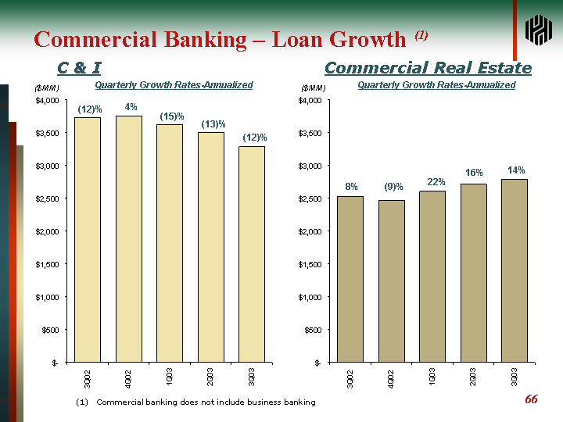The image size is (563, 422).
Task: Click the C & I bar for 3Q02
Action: (88, 239)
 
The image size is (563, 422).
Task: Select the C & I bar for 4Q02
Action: (129, 238)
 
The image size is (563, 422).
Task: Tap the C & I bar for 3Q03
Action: (252, 254)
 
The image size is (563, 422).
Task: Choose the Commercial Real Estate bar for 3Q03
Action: (515, 270)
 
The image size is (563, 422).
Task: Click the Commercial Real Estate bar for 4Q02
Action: (392, 281)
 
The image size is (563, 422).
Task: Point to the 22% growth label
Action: (436, 182)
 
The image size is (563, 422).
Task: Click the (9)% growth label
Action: (393, 187)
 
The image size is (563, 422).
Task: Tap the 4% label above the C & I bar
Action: (131, 107)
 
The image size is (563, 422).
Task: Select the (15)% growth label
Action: (172, 116)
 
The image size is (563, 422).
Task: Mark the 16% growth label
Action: (474, 173)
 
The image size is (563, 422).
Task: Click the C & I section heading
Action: (79, 69)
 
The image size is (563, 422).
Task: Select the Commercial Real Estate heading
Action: (428, 69)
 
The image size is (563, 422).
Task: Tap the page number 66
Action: (531, 399)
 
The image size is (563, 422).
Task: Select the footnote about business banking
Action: (195, 402)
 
